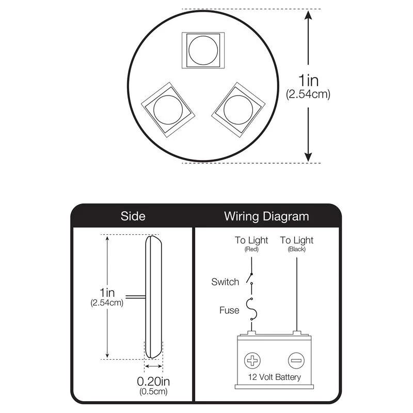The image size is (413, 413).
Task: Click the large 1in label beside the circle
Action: (308, 81)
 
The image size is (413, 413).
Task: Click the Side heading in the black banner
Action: (133, 216)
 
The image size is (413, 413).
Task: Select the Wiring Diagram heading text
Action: (266, 216)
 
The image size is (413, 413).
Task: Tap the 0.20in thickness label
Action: (153, 381)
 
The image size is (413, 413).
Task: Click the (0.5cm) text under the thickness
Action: (153, 391)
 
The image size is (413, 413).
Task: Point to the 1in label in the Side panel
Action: (107, 293)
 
